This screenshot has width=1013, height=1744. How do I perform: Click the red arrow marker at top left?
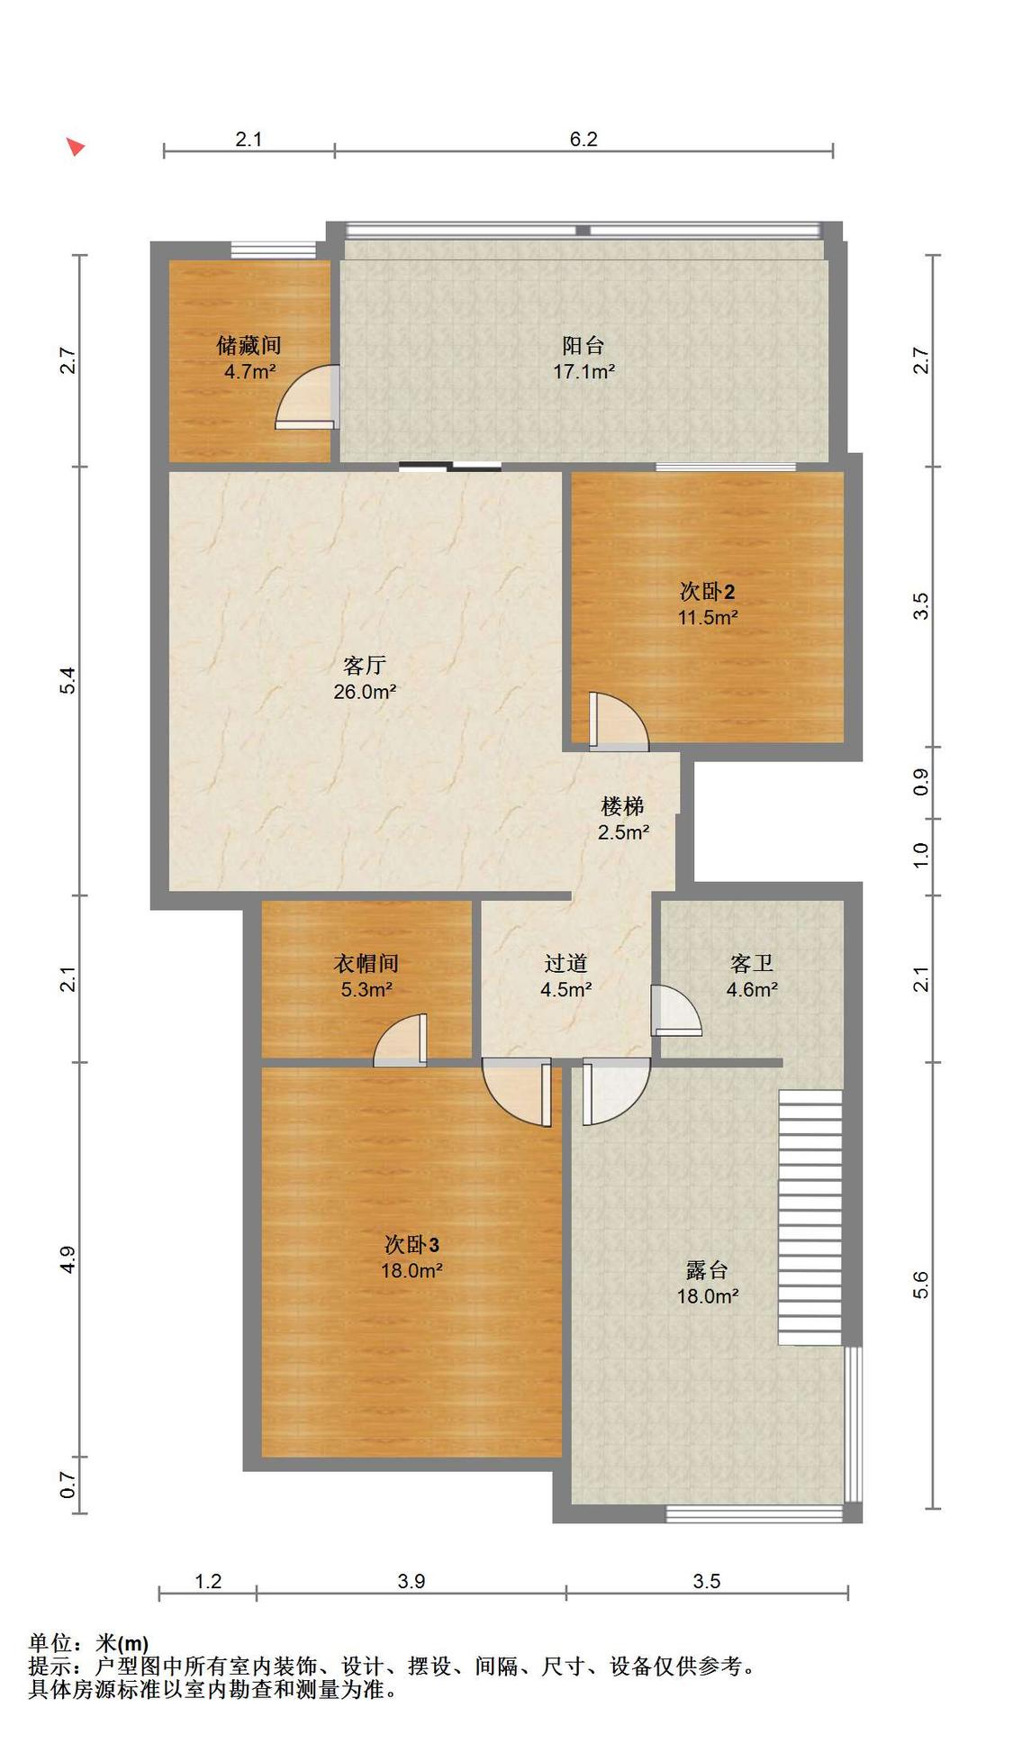pos(76,146)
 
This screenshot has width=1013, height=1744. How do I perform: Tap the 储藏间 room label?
pos(249,345)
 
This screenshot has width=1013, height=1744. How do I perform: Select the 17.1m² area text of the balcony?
pos(583,371)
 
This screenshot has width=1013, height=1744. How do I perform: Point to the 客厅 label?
pos(365,666)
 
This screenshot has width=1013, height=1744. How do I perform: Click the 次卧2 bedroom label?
pos(707,592)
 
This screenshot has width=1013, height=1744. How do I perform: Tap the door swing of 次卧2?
pos(618,721)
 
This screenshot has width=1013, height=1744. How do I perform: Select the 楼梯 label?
pos(623,805)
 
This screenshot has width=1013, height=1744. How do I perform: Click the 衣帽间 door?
pos(401,1040)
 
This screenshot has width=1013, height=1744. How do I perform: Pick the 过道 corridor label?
pos(565,964)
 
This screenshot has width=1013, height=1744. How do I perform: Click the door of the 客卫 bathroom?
pos(675,1011)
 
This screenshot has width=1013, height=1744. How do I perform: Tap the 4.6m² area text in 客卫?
pos(752,989)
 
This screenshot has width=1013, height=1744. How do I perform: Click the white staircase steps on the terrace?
pos(810,1217)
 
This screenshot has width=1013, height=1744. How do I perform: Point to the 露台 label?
pos(707,1270)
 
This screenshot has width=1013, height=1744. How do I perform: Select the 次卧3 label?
pos(412,1245)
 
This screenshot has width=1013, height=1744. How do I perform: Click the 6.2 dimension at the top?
pos(583,139)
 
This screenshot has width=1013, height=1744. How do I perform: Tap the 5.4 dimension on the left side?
pos(68,680)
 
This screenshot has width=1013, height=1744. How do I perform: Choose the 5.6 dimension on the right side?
pos(920,1285)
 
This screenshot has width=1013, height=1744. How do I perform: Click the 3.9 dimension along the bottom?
pos(412,1581)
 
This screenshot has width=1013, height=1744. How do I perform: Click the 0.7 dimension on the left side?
pos(68,1485)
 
